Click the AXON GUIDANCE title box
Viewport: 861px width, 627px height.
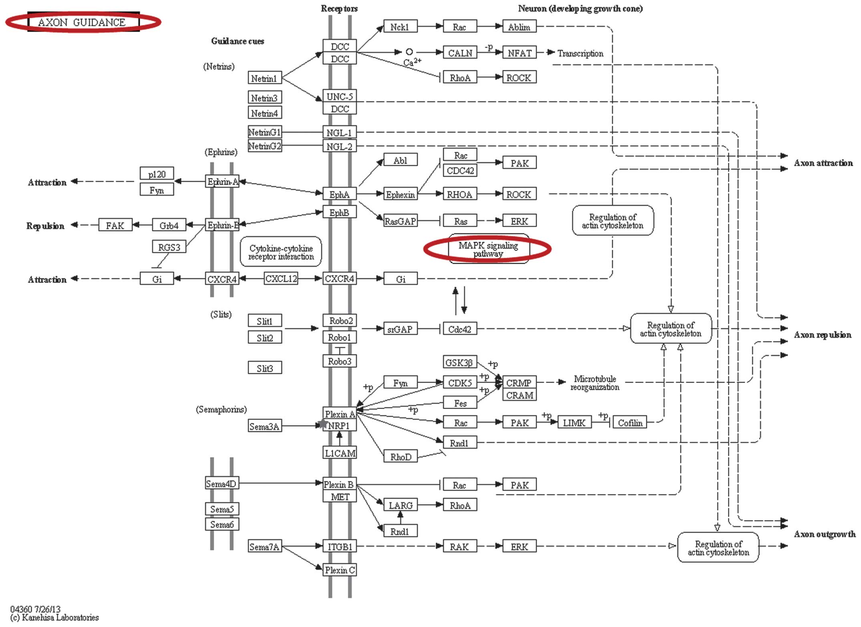coord(83,22)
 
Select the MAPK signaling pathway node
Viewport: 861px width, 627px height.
coord(488,249)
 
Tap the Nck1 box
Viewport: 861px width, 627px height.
coord(400,26)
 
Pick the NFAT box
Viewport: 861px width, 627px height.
coord(519,52)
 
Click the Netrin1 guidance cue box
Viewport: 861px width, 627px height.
coord(265,78)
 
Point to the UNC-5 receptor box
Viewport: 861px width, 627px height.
coord(340,96)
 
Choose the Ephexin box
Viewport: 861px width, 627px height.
coord(400,194)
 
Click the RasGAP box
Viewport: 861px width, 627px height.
coord(400,221)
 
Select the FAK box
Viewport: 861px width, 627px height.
coord(115,225)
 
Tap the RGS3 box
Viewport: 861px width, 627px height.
coord(169,247)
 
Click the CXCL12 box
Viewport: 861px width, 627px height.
coord(281,278)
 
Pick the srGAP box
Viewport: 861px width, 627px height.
coord(400,329)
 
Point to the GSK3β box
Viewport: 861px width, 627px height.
coord(460,363)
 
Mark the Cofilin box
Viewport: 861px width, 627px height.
coord(630,423)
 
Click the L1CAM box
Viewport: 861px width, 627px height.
coord(340,453)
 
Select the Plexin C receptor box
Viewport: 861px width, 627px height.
coord(340,570)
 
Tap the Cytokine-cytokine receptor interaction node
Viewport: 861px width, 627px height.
coord(281,252)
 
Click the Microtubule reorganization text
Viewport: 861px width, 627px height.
coord(595,383)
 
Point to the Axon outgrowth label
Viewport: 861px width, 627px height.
coord(825,534)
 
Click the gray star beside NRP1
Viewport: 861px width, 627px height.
coord(323,423)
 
